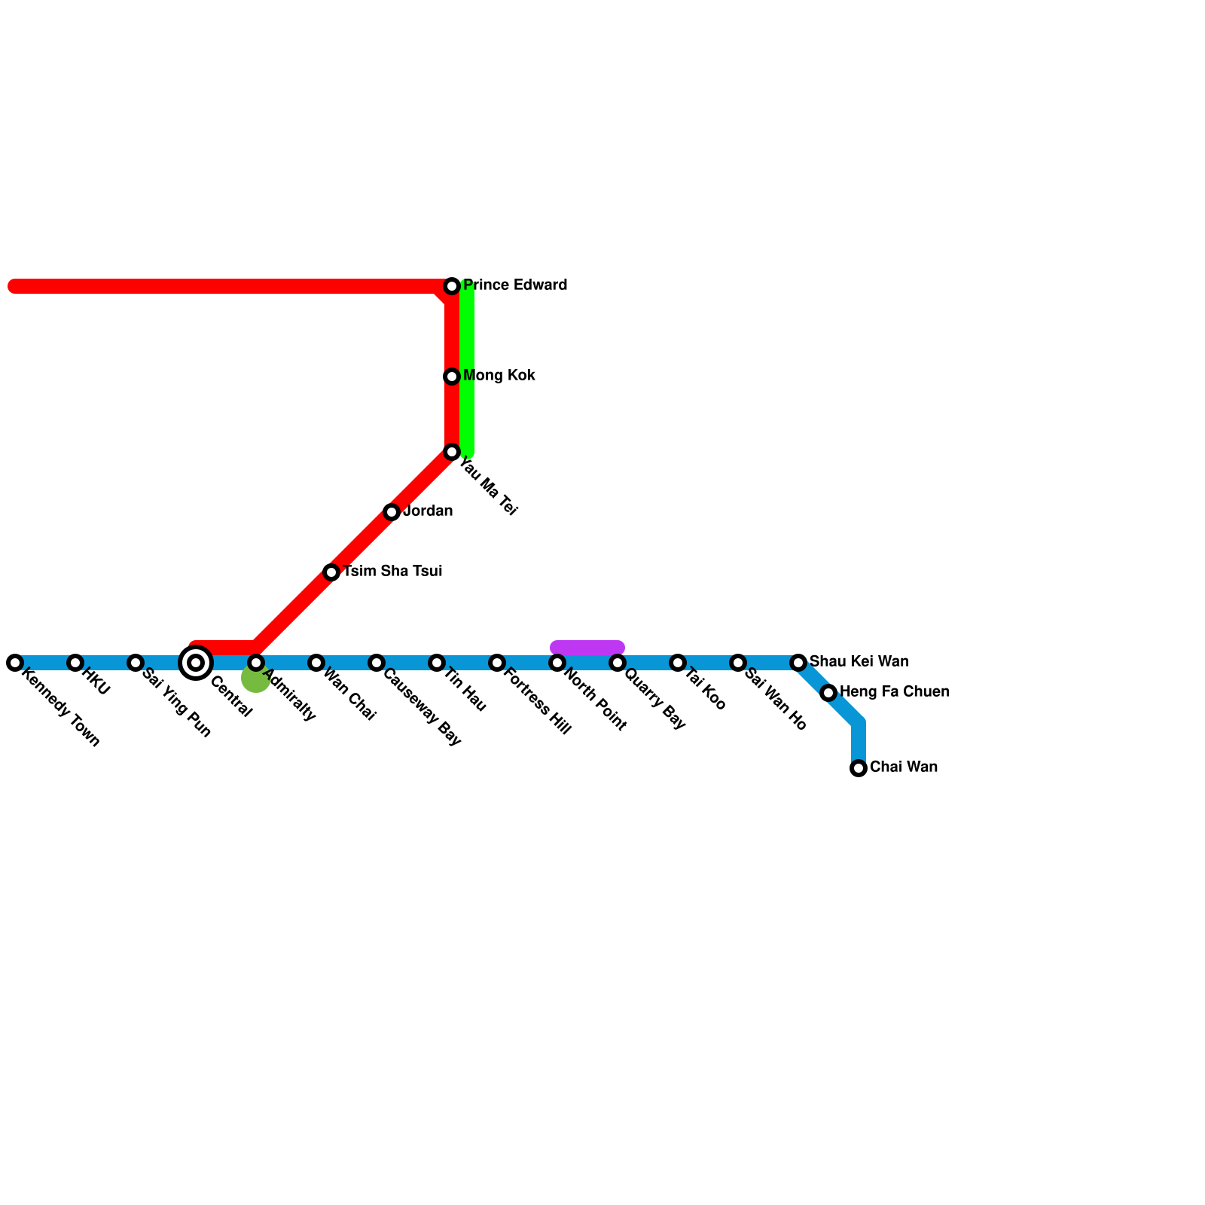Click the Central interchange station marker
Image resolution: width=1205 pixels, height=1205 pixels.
point(196,663)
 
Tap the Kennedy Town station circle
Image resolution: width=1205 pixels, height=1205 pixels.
point(15,663)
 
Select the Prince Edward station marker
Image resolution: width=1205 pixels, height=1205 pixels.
point(452,286)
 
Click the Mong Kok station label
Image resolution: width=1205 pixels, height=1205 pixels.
point(499,376)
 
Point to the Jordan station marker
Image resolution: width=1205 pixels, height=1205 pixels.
point(392,512)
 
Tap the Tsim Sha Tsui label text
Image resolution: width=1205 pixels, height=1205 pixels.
point(392,572)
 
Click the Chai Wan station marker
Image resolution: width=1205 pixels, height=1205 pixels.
point(859,768)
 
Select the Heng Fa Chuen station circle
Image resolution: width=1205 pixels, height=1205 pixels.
point(828,693)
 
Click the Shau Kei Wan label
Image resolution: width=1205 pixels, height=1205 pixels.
point(859,662)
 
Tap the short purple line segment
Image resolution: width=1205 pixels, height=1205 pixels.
point(587,647)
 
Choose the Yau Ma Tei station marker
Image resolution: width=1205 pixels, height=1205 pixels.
point(452,452)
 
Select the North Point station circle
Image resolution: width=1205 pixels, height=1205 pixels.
point(557,663)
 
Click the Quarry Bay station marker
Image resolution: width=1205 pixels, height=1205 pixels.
point(618,663)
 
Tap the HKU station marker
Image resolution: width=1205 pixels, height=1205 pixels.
point(75,663)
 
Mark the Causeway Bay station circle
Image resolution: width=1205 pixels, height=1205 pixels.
point(377,663)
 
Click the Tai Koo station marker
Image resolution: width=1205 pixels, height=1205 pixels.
point(678,663)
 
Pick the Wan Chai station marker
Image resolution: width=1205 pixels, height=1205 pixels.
point(316,663)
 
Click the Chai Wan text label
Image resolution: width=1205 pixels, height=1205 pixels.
point(903,767)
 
